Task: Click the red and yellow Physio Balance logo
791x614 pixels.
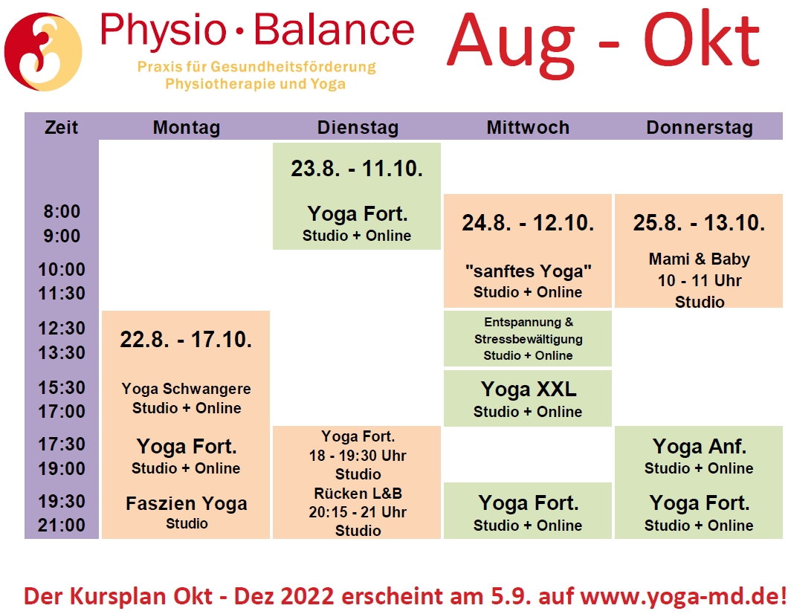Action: coord(43,52)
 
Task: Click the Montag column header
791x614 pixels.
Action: coord(187,127)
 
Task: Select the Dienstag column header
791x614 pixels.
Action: coord(358,127)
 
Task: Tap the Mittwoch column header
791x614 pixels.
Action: coord(528,127)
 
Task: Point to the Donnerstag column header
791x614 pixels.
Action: coord(700,127)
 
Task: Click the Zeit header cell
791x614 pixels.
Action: coord(62,127)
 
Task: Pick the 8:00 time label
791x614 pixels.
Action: coord(62,211)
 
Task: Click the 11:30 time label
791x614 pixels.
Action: coord(62,293)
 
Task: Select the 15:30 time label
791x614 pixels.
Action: coord(62,387)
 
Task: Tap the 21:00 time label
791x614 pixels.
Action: coord(62,526)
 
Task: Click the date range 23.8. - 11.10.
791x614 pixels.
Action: coord(357,169)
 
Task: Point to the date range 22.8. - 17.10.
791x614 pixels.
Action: coord(186,340)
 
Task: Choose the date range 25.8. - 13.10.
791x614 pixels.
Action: coord(699,223)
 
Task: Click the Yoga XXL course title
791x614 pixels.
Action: coord(528,389)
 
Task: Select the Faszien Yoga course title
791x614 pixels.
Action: coord(187,503)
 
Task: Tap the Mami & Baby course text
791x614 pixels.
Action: coord(699,259)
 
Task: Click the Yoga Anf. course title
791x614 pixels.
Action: coord(699,447)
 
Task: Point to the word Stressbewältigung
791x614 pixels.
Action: coord(528,339)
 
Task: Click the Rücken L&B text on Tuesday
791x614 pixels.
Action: coord(358,493)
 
